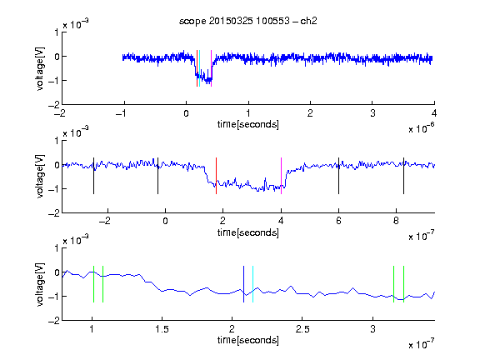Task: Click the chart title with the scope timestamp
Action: point(248,21)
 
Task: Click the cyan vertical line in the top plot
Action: point(199,68)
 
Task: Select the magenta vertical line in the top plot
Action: point(211,68)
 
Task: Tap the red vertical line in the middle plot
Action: point(216,176)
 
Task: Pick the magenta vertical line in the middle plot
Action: point(281,176)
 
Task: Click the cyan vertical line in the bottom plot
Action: point(252,284)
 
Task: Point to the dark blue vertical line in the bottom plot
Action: point(243,284)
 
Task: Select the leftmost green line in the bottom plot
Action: point(93,284)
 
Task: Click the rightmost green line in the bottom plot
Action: point(404,284)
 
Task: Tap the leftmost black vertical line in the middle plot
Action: point(93,176)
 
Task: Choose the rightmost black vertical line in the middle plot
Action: point(404,176)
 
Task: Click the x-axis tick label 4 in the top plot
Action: point(434,113)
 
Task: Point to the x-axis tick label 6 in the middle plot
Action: point(338,221)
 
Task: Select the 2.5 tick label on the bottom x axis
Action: point(302,329)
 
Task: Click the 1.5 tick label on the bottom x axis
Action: point(162,329)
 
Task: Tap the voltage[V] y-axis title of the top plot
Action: point(40,68)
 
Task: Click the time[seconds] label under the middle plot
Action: point(248,232)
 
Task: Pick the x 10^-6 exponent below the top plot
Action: point(421,128)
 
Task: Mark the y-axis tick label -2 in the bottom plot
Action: point(54,321)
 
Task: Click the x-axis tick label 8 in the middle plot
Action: point(396,221)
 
